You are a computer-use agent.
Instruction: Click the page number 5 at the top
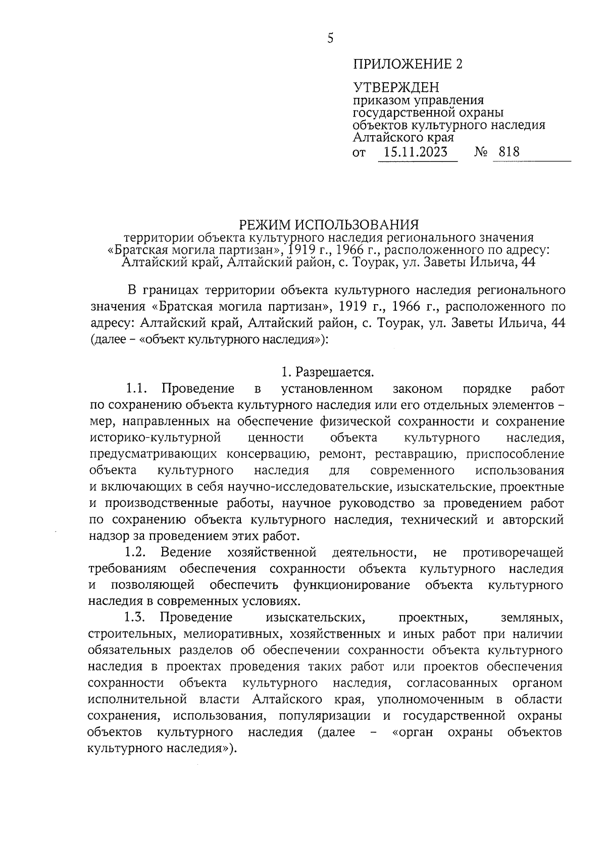click(330, 38)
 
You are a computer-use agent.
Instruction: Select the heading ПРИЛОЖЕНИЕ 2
click(408, 64)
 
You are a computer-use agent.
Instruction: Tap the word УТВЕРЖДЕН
click(396, 88)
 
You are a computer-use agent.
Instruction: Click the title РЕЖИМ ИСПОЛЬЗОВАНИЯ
click(329, 223)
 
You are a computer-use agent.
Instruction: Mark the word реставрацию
click(414, 454)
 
